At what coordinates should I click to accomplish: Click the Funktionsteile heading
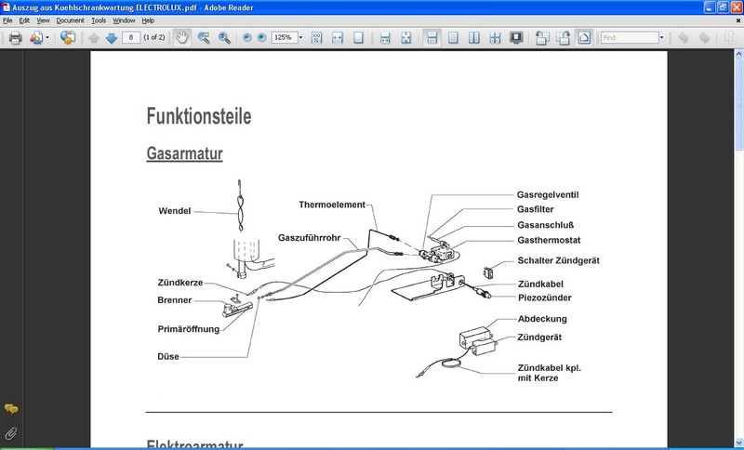pyautogui.click(x=198, y=116)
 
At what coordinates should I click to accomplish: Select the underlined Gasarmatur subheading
pyautogui.click(x=184, y=153)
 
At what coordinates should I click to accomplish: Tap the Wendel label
pyautogui.click(x=174, y=211)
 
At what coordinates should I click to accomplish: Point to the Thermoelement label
pyautogui.click(x=332, y=205)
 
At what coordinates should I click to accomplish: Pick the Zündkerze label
pyautogui.click(x=179, y=283)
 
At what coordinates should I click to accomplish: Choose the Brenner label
pyautogui.click(x=175, y=300)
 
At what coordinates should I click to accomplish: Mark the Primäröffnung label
pyautogui.click(x=188, y=328)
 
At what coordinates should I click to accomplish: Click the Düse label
pyautogui.click(x=168, y=356)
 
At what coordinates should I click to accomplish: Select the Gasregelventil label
pyautogui.click(x=554, y=195)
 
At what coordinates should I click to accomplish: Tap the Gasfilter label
pyautogui.click(x=541, y=210)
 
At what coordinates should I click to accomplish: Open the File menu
pyautogui.click(x=8, y=20)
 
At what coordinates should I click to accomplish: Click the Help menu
pyautogui.click(x=148, y=20)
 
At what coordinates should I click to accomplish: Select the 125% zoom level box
pyautogui.click(x=285, y=38)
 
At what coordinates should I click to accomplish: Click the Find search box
pyautogui.click(x=628, y=38)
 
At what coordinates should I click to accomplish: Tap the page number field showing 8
pyautogui.click(x=133, y=38)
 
